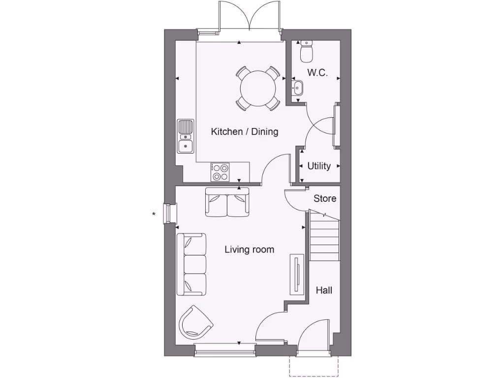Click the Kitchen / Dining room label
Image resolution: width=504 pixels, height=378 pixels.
(x=245, y=132)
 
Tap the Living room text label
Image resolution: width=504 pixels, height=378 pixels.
(x=249, y=250)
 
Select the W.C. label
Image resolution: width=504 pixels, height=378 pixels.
(x=317, y=73)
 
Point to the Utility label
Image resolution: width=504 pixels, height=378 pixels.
(x=319, y=166)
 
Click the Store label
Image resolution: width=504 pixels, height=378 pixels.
(x=325, y=198)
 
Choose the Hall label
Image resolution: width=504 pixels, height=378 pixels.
(x=324, y=290)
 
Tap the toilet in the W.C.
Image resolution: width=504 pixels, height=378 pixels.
(x=307, y=51)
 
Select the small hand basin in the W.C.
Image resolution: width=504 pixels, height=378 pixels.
(x=297, y=89)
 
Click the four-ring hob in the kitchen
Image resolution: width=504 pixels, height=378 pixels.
(x=220, y=172)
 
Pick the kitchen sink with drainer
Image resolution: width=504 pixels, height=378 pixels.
(x=186, y=136)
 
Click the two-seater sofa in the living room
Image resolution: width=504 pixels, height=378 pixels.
(x=227, y=203)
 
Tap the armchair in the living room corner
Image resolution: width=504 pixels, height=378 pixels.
(x=195, y=322)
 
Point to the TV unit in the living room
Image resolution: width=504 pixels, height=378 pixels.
(x=297, y=274)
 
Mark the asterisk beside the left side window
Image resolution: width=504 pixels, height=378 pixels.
(x=154, y=214)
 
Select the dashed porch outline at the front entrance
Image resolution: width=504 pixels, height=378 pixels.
(x=314, y=367)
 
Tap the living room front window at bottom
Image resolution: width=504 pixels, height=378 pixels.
(x=225, y=350)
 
